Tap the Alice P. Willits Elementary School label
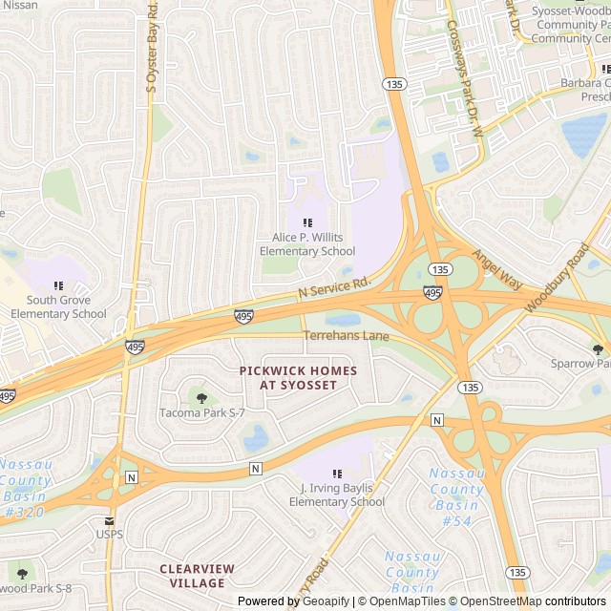tap(307, 244)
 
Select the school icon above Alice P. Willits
tap(307, 222)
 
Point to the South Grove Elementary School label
tap(59, 307)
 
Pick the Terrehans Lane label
tap(347, 336)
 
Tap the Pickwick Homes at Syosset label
tap(298, 377)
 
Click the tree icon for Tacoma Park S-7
tap(201, 397)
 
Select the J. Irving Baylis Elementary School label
tap(336, 495)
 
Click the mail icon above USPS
tap(109, 521)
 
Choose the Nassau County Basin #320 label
tap(26, 488)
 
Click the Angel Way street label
tap(497, 272)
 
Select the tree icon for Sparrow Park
tap(598, 349)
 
